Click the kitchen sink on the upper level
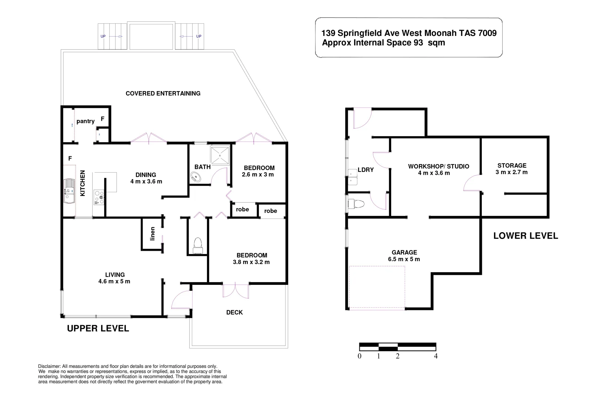pos(69,191)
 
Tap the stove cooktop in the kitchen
pos(99,197)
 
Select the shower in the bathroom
pos(220,155)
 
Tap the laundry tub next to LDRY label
pos(353,177)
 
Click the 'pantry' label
pos(86,121)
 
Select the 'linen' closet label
pos(152,234)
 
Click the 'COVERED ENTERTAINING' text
pos(163,93)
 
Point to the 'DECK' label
pos(234,312)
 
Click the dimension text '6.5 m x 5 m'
pos(404,259)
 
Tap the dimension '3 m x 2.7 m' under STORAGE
pos(511,172)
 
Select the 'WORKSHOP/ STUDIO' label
pos(439,166)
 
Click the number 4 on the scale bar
pos(436,356)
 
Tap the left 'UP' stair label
pos(103,36)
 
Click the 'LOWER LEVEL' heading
pos(525,236)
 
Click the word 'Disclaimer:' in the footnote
pos(49,366)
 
